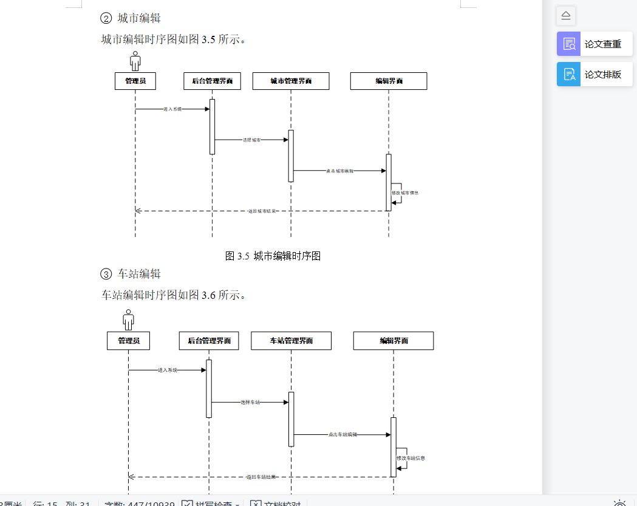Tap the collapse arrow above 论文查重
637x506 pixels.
[566, 15]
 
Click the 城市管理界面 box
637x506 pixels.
[291, 81]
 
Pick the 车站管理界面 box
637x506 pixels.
[291, 341]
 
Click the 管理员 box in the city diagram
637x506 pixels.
[135, 81]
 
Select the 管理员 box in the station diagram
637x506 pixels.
[129, 341]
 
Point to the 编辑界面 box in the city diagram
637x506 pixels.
[389, 81]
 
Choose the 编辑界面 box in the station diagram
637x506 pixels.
[393, 341]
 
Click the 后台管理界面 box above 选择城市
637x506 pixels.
[212, 81]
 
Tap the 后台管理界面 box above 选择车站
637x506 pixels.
[209, 341]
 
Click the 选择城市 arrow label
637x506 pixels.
[252, 140]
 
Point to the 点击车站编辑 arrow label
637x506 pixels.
[342, 434]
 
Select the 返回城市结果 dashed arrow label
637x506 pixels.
[262, 211]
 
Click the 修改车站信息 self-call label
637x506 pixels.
[411, 458]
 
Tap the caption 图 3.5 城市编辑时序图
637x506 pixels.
[273, 256]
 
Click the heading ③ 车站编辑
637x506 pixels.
[131, 274]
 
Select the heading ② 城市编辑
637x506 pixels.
[131, 18]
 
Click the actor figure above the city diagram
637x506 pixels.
[135, 61]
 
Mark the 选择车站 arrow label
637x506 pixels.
[250, 402]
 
